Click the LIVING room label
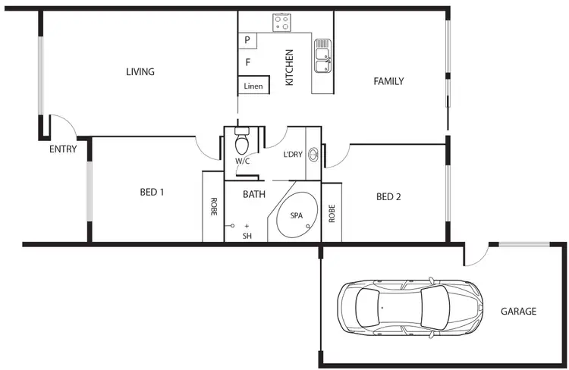140,72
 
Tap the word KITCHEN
289,67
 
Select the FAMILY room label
388,81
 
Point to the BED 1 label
152,192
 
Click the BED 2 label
388,197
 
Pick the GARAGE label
518,312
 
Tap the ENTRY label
63,149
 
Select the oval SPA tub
296,215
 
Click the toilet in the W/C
242,143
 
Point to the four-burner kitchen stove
282,23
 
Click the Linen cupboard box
253,86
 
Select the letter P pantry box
248,40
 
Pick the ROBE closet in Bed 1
213,206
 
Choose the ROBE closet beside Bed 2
332,212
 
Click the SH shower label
247,236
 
